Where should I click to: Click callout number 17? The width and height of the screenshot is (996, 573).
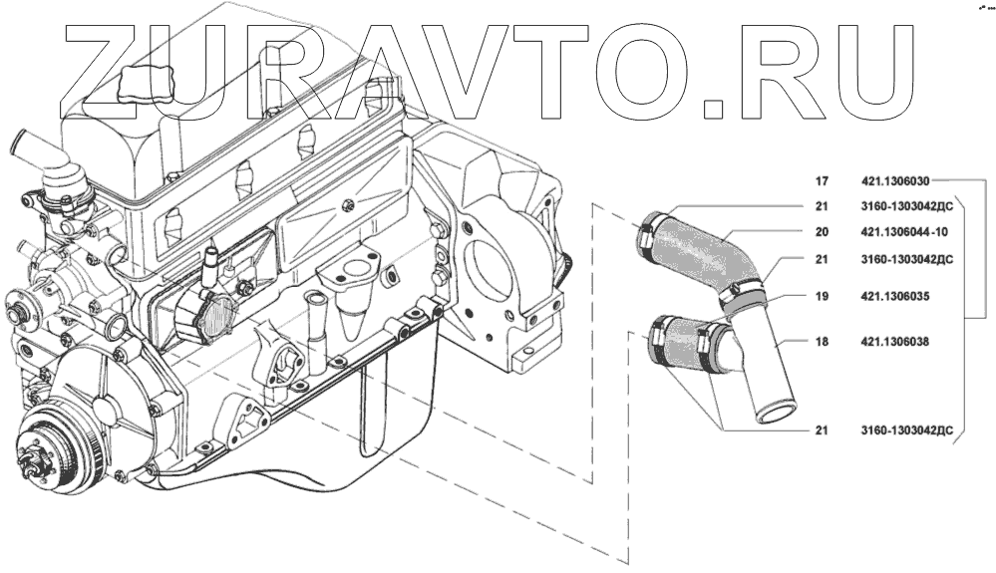(x=822, y=182)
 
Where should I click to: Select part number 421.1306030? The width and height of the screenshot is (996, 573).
(x=894, y=182)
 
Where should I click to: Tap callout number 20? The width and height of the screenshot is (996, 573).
(x=822, y=232)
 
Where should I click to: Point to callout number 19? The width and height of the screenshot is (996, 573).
(x=822, y=296)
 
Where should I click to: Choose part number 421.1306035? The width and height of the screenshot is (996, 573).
(x=894, y=296)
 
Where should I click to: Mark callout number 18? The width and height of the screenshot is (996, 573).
(x=822, y=341)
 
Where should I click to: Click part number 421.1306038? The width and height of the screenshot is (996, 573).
(x=894, y=341)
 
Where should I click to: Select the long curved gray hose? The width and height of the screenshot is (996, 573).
(x=703, y=254)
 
